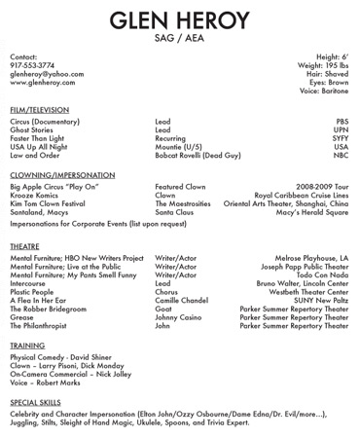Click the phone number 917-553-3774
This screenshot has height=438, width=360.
pyautogui.click(x=32, y=67)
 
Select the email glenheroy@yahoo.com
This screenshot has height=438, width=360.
pyautogui.click(x=42, y=76)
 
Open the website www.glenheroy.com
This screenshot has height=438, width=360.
pyautogui.click(x=42, y=85)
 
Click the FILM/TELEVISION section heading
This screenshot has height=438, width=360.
pyautogui.click(x=38, y=112)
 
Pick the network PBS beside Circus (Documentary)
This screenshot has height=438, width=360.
pyautogui.click(x=341, y=123)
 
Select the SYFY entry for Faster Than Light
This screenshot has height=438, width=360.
pyautogui.click(x=339, y=138)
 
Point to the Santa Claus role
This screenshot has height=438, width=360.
pyautogui.click(x=175, y=211)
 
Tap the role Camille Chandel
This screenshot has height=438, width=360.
pyautogui.click(x=182, y=300)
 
